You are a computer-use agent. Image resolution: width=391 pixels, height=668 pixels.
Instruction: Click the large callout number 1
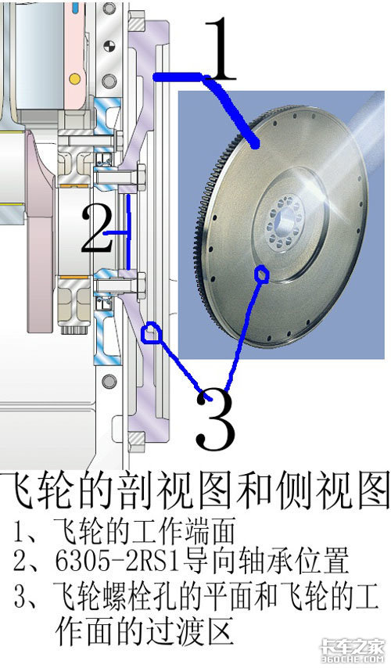click(x=220, y=49)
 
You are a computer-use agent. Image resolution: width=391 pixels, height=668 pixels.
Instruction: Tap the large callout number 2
click(x=97, y=228)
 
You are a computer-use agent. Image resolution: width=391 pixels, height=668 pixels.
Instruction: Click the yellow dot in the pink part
click(x=74, y=78)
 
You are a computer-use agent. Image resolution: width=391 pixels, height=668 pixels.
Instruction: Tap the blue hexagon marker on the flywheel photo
click(x=261, y=275)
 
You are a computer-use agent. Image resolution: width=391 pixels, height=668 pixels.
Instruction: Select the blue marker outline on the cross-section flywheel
click(x=151, y=332)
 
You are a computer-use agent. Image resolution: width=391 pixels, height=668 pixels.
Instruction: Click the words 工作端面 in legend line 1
click(x=178, y=532)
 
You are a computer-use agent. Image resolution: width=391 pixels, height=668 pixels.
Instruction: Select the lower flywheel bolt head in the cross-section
click(x=141, y=284)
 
